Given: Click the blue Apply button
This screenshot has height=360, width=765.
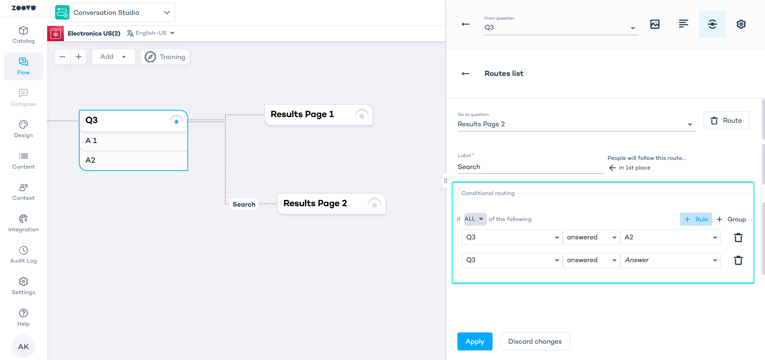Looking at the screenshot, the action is [x=475, y=341].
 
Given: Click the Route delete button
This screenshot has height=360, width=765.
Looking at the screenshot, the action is [x=726, y=121].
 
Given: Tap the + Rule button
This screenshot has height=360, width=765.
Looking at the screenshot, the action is [x=696, y=219].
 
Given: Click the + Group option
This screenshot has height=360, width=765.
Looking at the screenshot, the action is [x=731, y=219].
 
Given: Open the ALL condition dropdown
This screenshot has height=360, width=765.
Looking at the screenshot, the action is [x=475, y=219].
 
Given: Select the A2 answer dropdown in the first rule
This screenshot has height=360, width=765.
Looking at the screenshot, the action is [x=670, y=237].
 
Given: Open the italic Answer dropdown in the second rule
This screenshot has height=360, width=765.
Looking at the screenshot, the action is [x=670, y=260].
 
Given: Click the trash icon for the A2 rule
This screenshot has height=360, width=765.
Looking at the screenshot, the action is [x=738, y=238].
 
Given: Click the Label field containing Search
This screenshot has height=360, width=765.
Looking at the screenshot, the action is [x=531, y=167].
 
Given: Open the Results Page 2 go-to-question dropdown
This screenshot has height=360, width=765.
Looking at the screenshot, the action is [x=576, y=124].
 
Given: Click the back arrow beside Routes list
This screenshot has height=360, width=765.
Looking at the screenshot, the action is [x=465, y=74].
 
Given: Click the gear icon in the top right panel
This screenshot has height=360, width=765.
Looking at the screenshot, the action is [x=741, y=24].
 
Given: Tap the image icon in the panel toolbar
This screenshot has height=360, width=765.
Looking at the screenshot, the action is [x=655, y=24].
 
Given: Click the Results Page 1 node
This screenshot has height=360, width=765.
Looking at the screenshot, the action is [x=319, y=115].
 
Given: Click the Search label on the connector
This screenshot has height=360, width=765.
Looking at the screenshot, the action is [x=244, y=204].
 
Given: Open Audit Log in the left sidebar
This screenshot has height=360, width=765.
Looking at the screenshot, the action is [x=24, y=255].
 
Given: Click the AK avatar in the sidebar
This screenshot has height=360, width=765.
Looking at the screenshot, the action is [x=24, y=346].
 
